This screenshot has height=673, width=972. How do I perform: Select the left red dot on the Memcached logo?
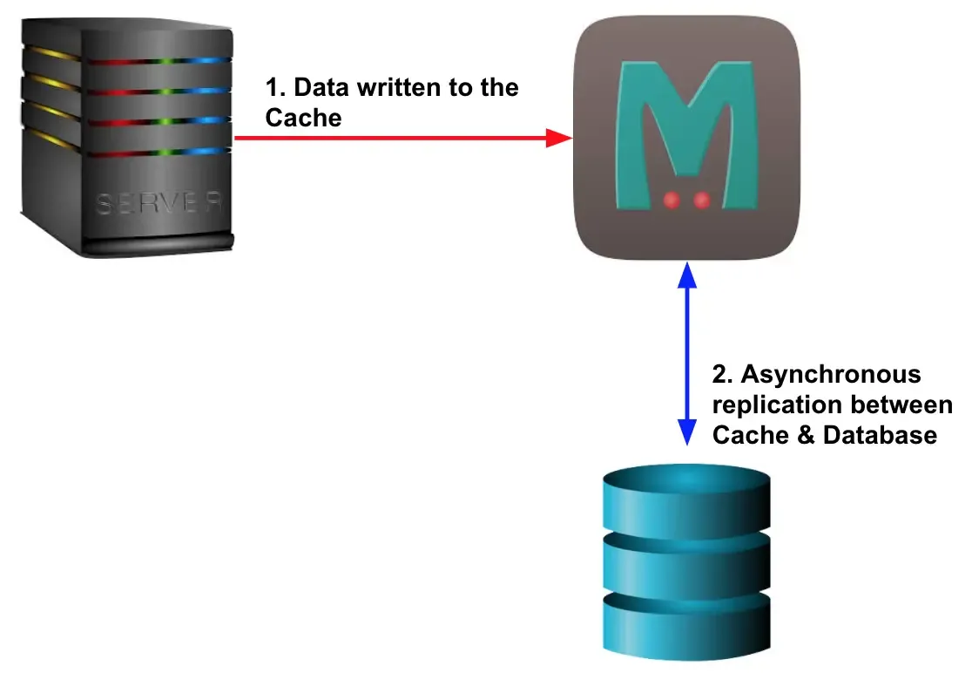point(672,201)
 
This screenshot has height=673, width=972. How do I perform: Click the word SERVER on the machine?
point(158,204)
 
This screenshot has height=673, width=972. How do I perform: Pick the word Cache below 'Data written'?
point(303,118)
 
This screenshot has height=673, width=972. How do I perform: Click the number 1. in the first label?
point(275,88)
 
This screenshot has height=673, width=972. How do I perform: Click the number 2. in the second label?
point(723,375)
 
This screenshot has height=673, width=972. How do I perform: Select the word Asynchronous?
point(829,375)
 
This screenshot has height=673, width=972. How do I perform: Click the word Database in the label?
point(881,435)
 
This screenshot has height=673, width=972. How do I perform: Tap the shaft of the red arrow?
point(392,138)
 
